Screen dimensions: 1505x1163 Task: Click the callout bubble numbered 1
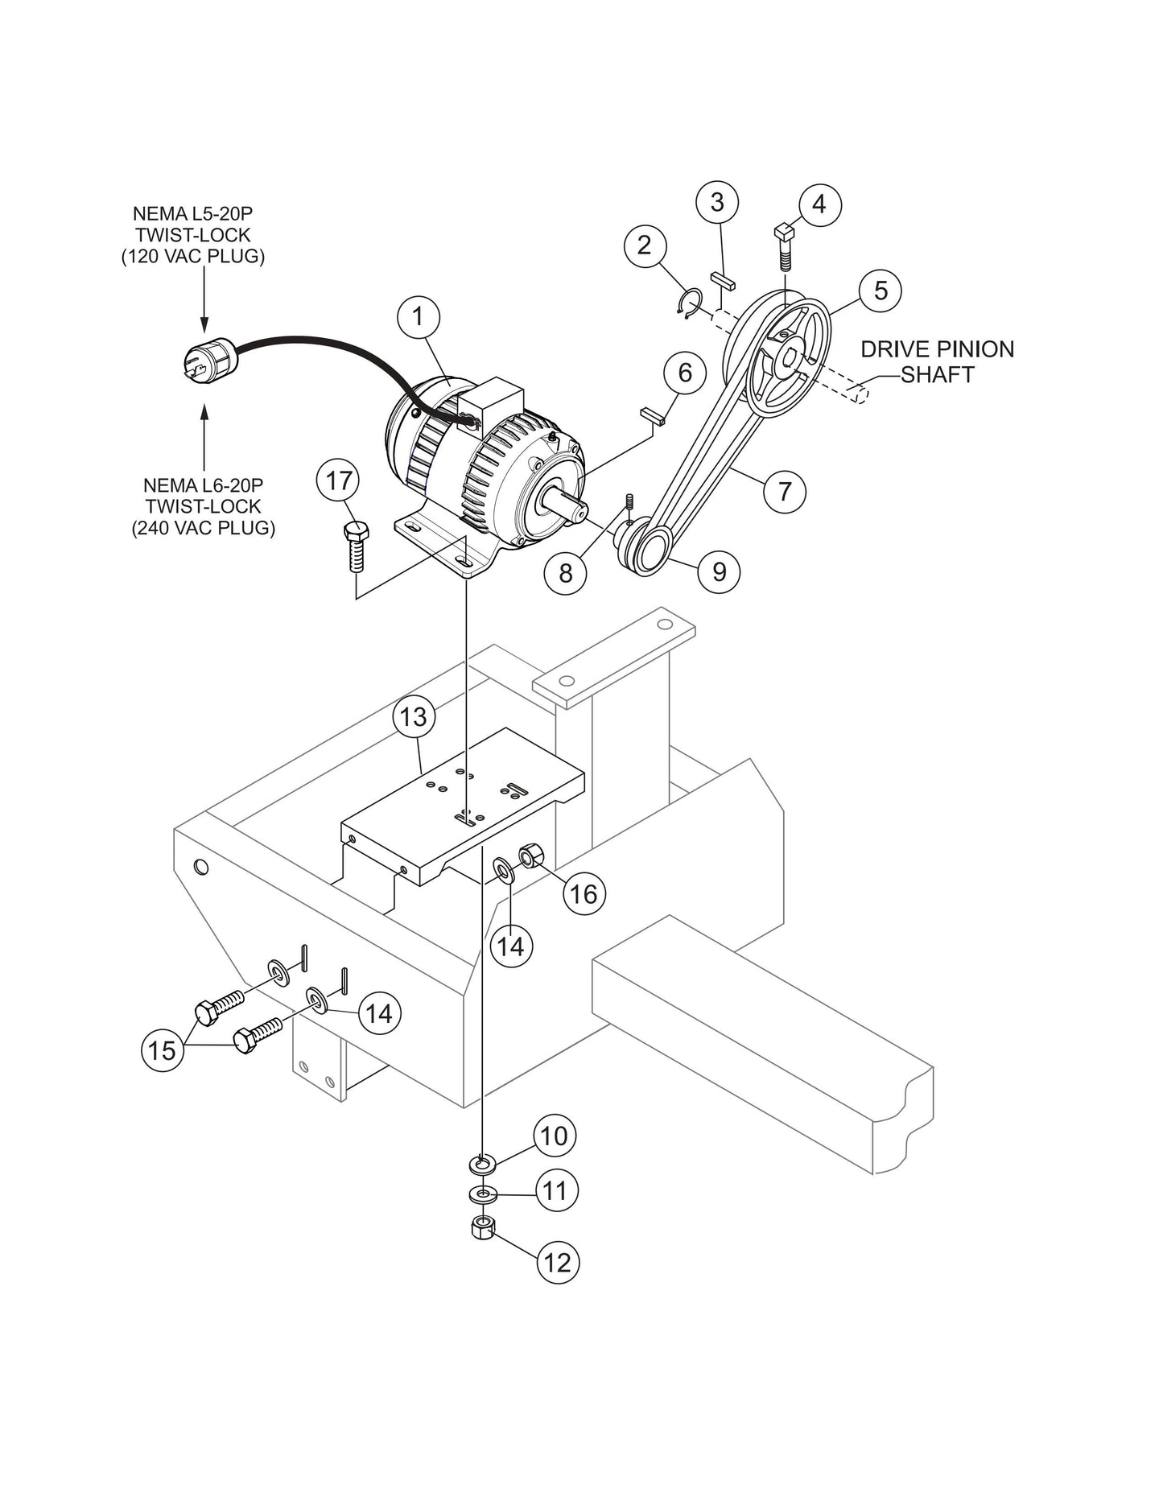pyautogui.click(x=418, y=317)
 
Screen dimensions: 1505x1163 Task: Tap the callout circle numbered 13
pyautogui.click(x=414, y=716)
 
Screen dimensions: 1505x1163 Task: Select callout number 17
pyautogui.click(x=338, y=480)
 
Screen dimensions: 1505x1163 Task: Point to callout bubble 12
pyautogui.click(x=557, y=1262)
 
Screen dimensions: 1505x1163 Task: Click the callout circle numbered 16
pyautogui.click(x=584, y=893)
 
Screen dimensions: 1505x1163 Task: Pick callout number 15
pyautogui.click(x=162, y=1049)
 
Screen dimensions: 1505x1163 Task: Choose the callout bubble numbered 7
pyautogui.click(x=784, y=490)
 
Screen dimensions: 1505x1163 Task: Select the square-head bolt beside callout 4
pyautogui.click(x=785, y=247)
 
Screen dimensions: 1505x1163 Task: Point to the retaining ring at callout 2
pyautogui.click(x=688, y=304)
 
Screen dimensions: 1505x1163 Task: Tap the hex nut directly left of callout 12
pyautogui.click(x=481, y=1227)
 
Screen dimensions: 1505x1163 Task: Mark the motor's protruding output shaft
pyautogui.click(x=566, y=507)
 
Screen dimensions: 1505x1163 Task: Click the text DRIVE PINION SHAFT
pyautogui.click(x=937, y=361)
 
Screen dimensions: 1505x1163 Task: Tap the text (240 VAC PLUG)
pyautogui.click(x=203, y=528)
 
